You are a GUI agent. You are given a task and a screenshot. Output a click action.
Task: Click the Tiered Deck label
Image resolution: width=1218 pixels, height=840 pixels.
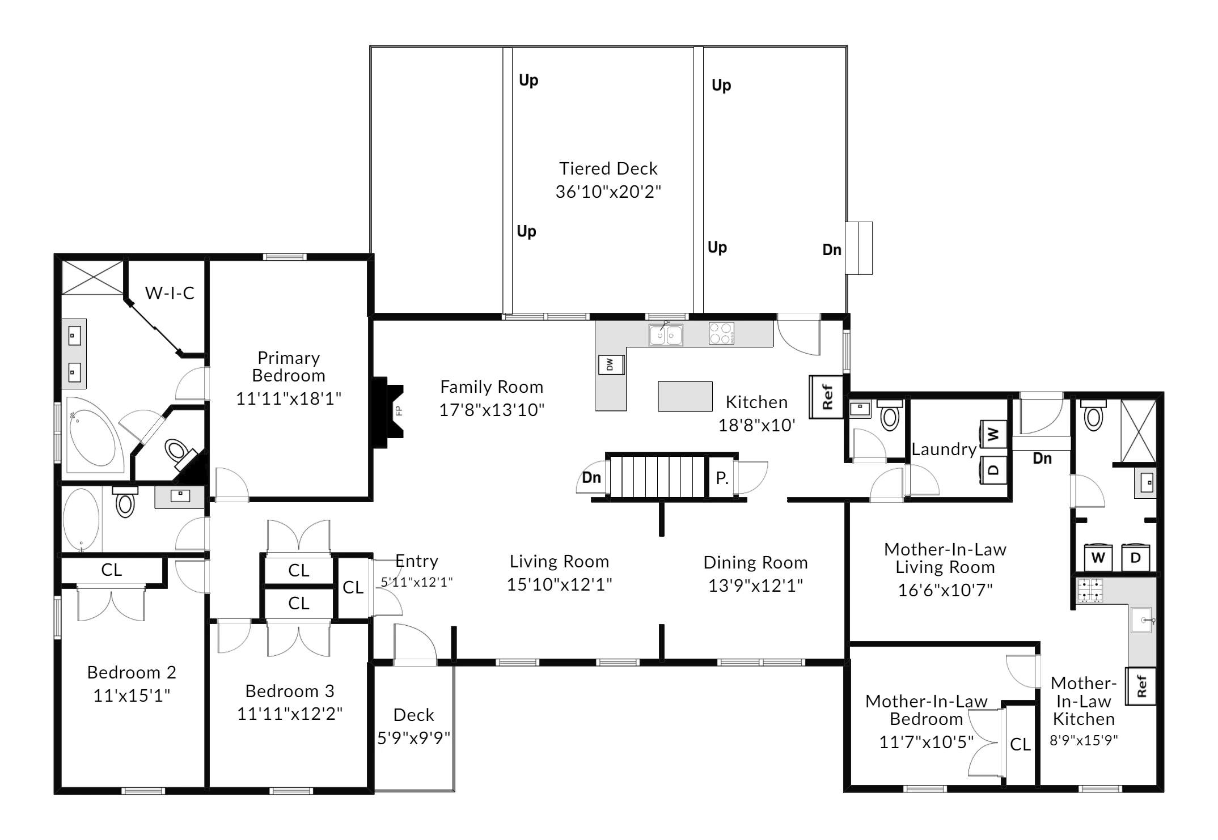coord(608,168)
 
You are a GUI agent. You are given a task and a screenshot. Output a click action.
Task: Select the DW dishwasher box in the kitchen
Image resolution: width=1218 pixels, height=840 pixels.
coord(611,364)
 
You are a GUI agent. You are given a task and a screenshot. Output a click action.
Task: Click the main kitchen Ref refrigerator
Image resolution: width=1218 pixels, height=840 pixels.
coord(827,397)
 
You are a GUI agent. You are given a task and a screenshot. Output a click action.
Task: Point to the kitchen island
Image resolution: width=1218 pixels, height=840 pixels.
coord(685,396)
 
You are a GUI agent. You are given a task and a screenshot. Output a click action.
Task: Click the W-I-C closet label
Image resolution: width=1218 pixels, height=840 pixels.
coord(170,293)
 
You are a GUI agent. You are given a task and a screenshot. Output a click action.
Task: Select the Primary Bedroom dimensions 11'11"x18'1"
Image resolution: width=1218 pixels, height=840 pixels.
coord(289,399)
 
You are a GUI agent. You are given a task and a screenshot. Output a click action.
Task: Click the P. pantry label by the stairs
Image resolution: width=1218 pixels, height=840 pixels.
coord(722,478)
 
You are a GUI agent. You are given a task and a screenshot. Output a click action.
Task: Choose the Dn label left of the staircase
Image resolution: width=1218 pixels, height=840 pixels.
coord(591,477)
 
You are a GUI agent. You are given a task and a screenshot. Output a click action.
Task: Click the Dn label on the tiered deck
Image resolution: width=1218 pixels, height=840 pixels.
coord(832,250)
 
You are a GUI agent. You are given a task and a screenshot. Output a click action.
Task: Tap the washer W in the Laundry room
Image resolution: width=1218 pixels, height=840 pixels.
coord(993,435)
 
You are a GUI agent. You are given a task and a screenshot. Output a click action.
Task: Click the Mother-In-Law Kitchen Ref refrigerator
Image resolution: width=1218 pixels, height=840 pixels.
coord(1140,686)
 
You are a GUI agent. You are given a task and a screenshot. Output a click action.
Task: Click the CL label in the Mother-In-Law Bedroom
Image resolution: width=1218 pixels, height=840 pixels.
coord(1020,744)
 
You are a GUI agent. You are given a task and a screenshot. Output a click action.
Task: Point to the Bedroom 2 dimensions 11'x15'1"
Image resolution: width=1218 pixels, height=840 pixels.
coord(132,695)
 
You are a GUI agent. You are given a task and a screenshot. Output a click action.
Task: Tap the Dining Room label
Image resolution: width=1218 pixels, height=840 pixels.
coord(755,562)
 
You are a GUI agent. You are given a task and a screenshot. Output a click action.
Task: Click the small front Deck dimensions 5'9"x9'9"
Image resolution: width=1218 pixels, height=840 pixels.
coord(414,738)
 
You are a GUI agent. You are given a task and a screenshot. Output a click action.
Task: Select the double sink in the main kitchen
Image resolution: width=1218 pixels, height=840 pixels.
coord(666,335)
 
